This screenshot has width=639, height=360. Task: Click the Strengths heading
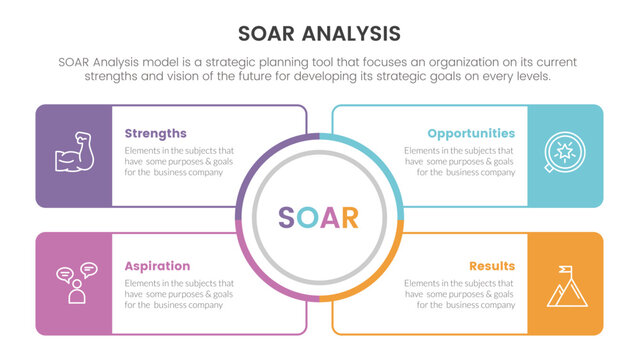155,133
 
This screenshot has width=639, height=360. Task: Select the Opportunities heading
471,133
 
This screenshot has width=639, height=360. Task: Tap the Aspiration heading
157,266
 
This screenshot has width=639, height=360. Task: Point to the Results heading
491,266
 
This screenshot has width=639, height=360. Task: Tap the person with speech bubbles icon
74,284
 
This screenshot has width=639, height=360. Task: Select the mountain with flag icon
565,286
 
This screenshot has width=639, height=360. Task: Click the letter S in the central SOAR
286,218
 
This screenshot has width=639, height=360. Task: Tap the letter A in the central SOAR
329,218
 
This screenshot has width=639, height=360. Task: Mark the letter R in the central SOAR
350,218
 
